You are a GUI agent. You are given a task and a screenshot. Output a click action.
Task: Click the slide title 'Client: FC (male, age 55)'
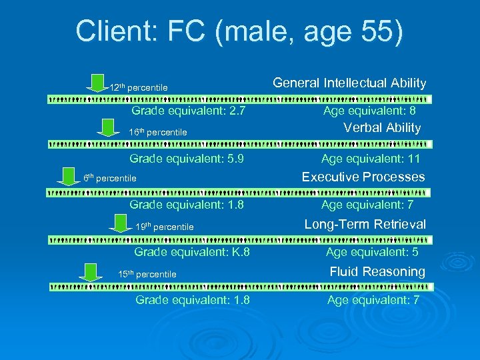[239, 31]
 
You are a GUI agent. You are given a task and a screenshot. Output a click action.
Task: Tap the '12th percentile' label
[139, 88]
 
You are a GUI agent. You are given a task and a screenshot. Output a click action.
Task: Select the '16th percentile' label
[157, 133]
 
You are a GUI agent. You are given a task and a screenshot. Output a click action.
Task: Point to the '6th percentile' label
[110, 178]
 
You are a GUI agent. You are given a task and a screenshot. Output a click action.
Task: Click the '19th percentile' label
[164, 227]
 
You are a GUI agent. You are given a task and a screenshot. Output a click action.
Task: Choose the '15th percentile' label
[147, 274]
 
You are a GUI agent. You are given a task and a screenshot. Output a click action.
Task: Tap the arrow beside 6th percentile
[67, 175]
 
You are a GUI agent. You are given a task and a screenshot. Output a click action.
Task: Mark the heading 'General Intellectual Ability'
[349, 83]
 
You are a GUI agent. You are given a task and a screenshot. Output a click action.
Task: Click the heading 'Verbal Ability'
[382, 128]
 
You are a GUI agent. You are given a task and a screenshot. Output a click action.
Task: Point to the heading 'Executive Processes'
[363, 177]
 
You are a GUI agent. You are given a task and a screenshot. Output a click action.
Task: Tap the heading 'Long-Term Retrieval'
[365, 225]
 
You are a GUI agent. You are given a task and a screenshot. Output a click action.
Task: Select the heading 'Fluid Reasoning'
[377, 272]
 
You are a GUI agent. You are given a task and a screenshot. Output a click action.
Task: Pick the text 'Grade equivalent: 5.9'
[187, 159]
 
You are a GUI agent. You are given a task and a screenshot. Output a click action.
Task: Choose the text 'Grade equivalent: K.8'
[192, 252]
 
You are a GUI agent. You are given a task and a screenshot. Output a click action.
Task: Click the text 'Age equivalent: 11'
[371, 159]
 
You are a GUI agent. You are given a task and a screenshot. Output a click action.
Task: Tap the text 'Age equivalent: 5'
[373, 252]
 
